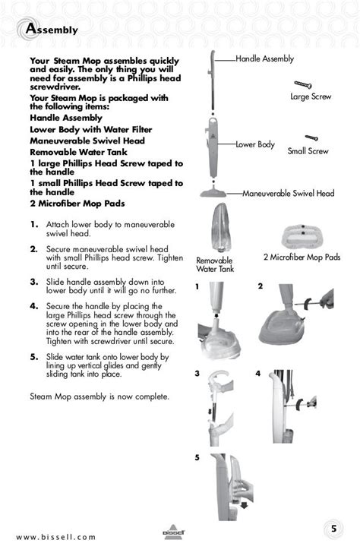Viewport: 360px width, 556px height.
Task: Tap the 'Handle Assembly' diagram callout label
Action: coord(264,59)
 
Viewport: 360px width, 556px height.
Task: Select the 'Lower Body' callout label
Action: coord(254,144)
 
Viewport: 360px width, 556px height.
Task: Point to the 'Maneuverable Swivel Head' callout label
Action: coord(288,194)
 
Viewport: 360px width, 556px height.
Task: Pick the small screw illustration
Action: coord(311,138)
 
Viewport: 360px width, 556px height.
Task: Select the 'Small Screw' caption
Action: coord(308,151)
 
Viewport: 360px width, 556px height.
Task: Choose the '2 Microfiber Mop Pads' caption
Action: coord(302,257)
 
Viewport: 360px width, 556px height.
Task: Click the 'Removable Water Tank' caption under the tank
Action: coord(215,264)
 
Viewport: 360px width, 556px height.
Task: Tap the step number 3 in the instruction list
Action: coord(34,281)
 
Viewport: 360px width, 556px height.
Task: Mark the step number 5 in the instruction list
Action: coord(34,356)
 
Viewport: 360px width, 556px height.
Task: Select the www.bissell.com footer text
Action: coord(56,537)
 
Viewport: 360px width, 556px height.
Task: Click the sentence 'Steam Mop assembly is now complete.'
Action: coord(99,396)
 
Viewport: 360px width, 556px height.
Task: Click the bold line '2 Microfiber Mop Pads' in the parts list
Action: coord(77,204)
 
